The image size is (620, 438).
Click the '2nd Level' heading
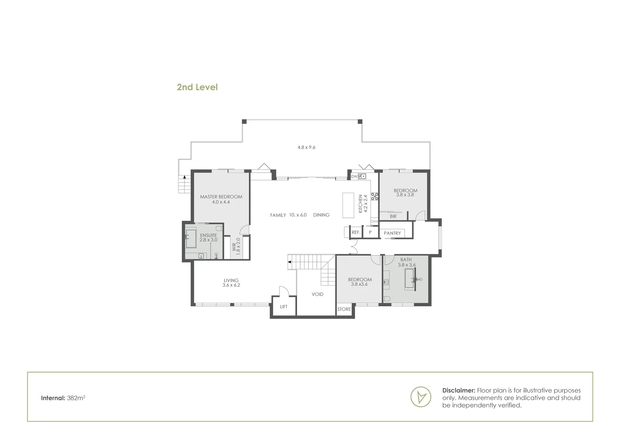point(197,87)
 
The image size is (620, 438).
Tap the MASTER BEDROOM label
point(221,197)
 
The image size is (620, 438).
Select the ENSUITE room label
point(209,236)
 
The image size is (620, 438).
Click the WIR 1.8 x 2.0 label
point(236,246)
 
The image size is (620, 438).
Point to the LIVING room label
point(231,281)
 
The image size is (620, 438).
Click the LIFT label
point(284,307)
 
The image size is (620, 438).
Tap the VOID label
point(317,294)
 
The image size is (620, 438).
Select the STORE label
point(344,309)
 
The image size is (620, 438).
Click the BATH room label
point(406,260)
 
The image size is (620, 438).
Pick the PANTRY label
point(392,233)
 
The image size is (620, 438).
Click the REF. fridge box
point(356,232)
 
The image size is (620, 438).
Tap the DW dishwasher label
point(354,176)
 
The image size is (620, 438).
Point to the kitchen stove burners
point(375,197)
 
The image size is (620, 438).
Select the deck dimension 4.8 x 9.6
point(306,148)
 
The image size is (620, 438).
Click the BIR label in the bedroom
point(393,217)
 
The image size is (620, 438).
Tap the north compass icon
point(421,396)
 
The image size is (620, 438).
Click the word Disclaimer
point(459,391)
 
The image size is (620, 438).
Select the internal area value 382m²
point(76,398)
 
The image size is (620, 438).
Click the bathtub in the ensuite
point(191,239)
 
